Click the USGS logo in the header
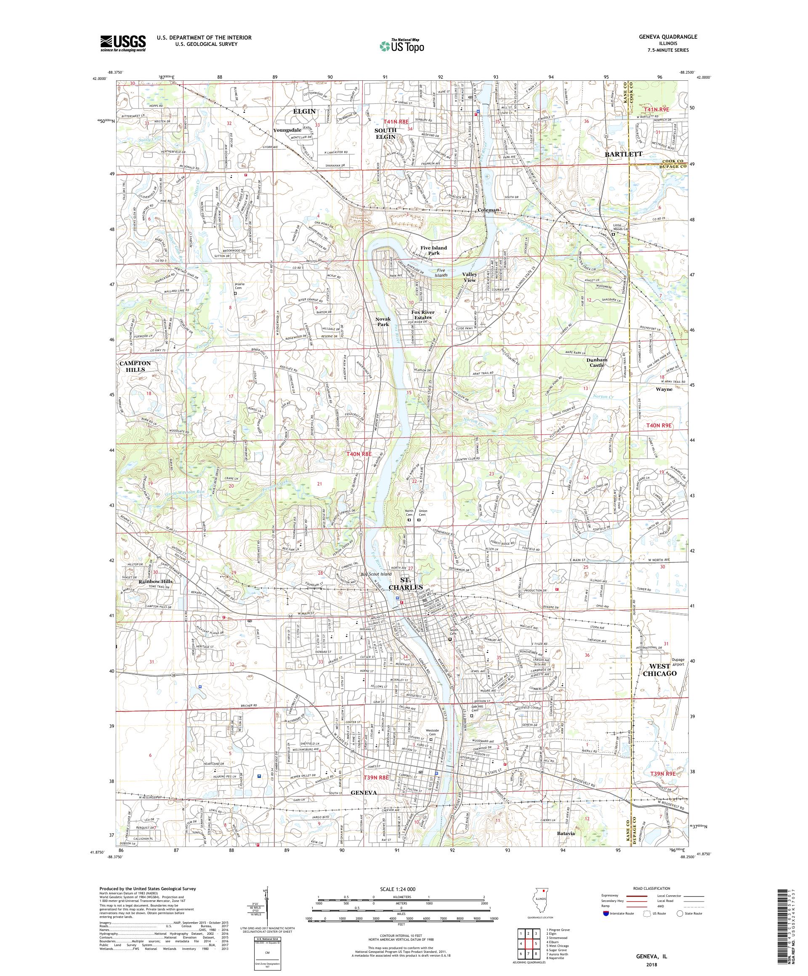(x=123, y=44)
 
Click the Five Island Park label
(x=433, y=250)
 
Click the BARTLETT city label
(x=623, y=154)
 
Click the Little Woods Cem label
(x=618, y=227)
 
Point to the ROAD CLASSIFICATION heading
(x=651, y=888)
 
